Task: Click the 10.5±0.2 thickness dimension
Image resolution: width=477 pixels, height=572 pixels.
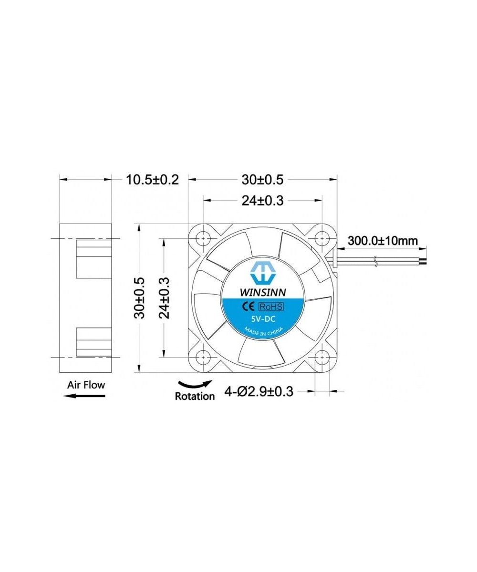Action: [152, 180]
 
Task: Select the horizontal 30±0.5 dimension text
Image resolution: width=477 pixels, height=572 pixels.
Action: [262, 180]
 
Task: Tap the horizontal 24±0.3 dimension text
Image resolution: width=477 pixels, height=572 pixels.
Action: [262, 201]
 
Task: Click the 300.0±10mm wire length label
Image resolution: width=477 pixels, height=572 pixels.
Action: [383, 240]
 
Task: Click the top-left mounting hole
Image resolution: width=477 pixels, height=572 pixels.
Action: [204, 237]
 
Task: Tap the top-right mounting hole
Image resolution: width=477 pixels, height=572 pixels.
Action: [322, 237]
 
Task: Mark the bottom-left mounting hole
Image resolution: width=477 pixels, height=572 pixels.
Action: [204, 356]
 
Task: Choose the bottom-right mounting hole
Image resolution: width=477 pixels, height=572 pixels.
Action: [322, 356]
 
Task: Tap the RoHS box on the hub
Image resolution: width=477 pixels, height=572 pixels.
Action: [271, 306]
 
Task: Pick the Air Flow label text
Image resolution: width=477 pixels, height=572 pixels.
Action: [86, 384]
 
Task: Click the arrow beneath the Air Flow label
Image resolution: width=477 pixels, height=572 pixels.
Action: [83, 395]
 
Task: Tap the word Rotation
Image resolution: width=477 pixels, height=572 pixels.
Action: [195, 396]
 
